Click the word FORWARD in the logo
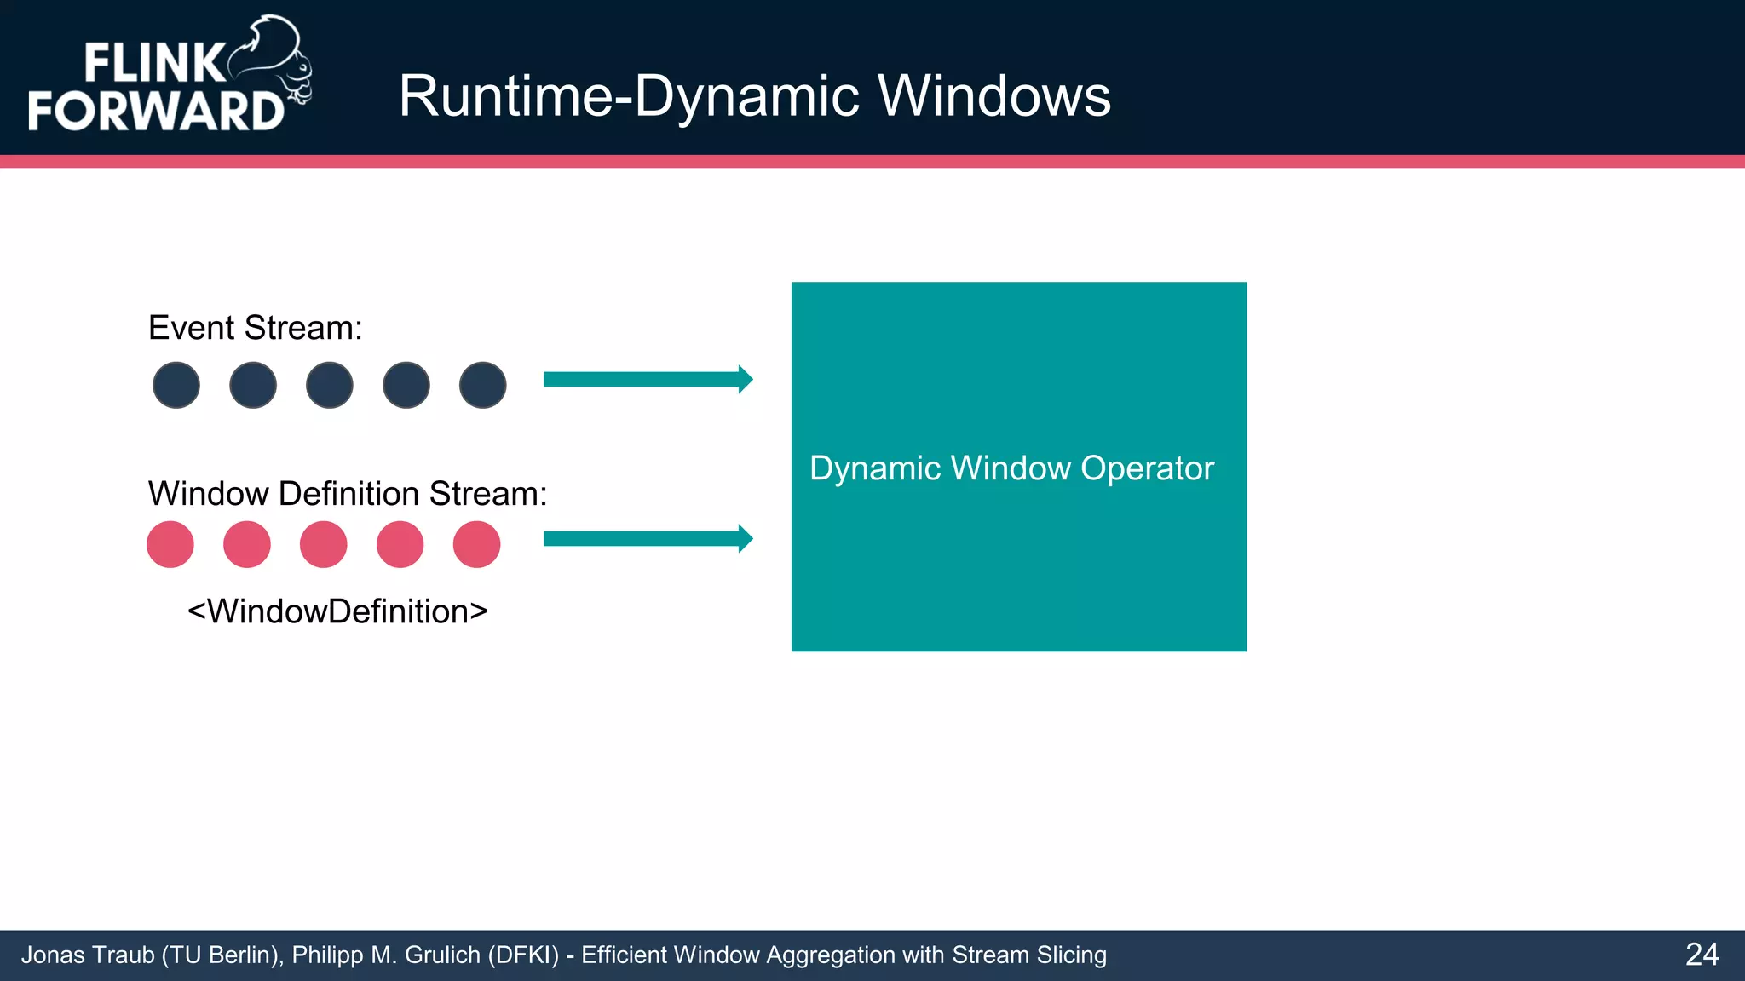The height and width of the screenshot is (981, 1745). [x=155, y=111]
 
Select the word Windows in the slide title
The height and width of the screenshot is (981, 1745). [x=993, y=95]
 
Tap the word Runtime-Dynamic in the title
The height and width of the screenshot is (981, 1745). [x=629, y=95]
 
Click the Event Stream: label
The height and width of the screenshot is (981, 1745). [x=255, y=328]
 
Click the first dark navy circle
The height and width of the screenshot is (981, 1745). [x=176, y=385]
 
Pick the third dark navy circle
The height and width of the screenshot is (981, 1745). [x=330, y=385]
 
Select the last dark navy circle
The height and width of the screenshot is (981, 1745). [x=483, y=385]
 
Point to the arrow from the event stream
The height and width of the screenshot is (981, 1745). [x=648, y=379]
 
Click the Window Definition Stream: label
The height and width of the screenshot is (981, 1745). [x=347, y=494]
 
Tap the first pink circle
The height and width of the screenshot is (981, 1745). [x=170, y=544]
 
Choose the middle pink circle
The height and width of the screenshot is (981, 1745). [x=324, y=544]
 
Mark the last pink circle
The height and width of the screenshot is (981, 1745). [x=476, y=544]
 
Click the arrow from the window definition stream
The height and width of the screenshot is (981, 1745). [x=648, y=538]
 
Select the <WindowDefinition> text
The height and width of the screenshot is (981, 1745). [x=337, y=611]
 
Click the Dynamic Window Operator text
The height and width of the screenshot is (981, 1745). [x=1011, y=468]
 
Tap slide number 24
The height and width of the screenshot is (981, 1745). [x=1702, y=955]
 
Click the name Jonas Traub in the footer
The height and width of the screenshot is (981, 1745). [x=87, y=955]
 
